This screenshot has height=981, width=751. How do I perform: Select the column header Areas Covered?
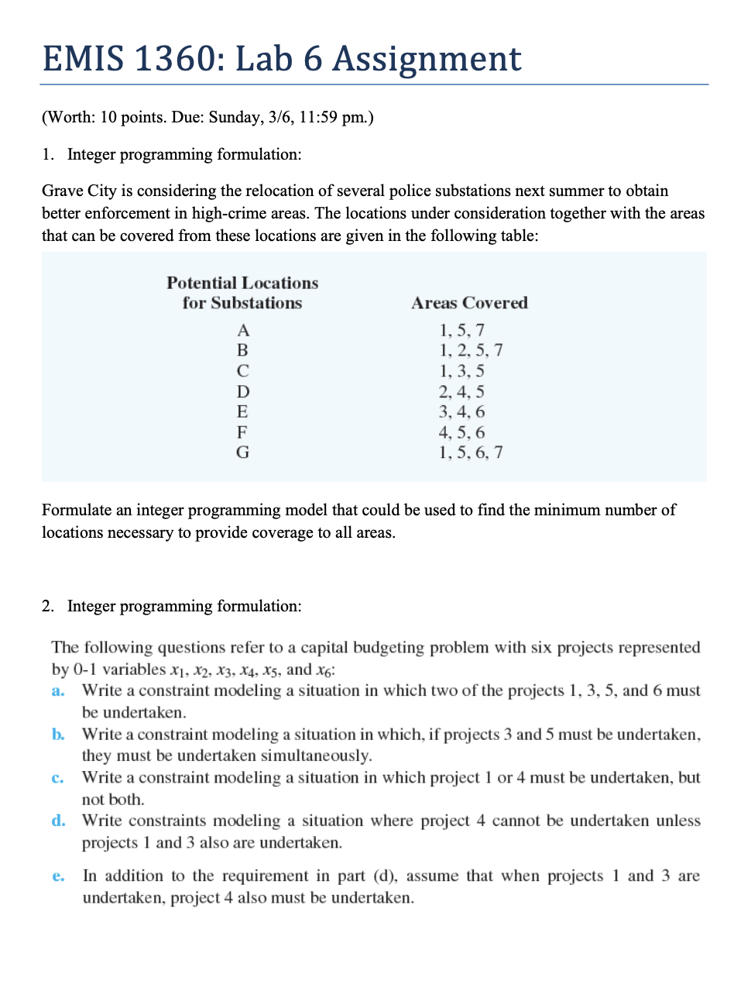coord(469,303)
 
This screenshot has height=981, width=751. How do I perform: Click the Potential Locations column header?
coord(242,293)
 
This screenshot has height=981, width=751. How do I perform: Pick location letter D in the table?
coord(243,392)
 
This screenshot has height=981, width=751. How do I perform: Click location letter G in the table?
coord(243,453)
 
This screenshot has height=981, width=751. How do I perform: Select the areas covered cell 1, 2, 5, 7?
coord(471,350)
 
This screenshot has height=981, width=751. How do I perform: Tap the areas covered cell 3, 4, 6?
coord(461,412)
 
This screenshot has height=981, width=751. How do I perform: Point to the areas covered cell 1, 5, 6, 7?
coord(471,453)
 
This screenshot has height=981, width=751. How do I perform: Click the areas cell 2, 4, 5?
coord(461,392)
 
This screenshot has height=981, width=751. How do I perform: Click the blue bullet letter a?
coord(58,690)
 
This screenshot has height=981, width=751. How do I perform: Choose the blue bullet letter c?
coord(58,778)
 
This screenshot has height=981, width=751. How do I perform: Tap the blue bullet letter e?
coord(58,876)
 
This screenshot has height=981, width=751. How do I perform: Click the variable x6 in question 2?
coord(325,670)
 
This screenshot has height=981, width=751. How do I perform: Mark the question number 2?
coord(48,606)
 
